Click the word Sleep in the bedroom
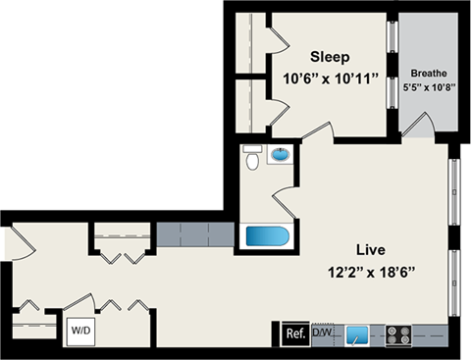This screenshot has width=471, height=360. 332,55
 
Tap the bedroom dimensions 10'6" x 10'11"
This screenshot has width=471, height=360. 331,77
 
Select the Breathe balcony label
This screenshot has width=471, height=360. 428,73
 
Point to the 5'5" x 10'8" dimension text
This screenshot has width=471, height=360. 428,86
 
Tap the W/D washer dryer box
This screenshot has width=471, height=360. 78,331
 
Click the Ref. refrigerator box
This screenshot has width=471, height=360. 293,333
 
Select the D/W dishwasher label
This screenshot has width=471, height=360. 321,333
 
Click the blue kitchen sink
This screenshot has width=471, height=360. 360,334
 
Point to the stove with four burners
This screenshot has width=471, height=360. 398,334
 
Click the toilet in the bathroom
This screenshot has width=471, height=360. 252,157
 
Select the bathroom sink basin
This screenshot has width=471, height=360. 281,154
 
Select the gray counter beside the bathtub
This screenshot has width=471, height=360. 196,235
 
